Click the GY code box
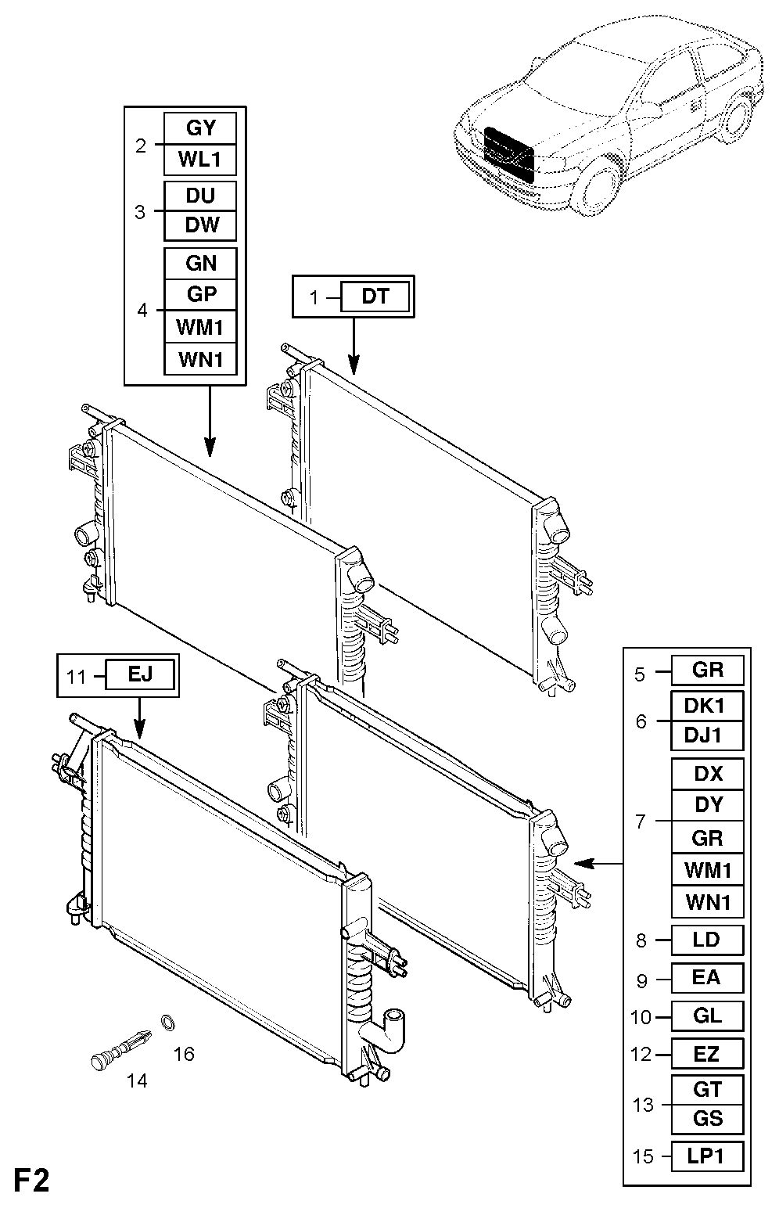point(200,128)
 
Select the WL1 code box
point(200,160)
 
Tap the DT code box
point(375,296)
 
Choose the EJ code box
point(140,674)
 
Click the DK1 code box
point(707,706)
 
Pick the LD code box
point(707,940)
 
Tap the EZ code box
point(707,1053)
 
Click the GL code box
point(707,1016)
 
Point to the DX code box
point(707,775)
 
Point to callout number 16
point(184,1054)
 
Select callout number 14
point(137,1080)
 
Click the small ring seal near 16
point(167,1022)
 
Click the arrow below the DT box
point(354,346)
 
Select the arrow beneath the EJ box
point(140,717)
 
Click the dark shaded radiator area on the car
point(508,153)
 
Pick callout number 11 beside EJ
point(76,676)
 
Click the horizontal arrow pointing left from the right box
point(598,864)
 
